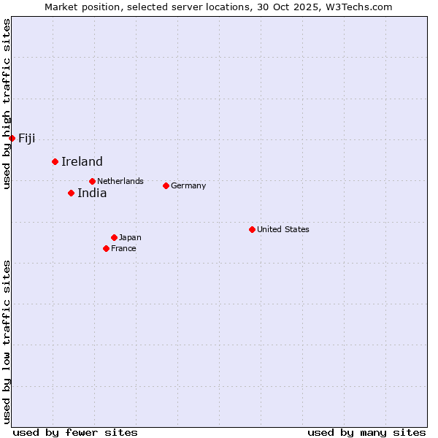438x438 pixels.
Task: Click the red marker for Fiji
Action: click(x=12, y=138)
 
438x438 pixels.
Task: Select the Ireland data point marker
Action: click(x=55, y=161)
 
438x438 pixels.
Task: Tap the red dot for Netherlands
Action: click(x=92, y=181)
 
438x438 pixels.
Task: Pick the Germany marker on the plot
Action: click(x=166, y=185)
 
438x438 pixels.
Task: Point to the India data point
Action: click(x=71, y=193)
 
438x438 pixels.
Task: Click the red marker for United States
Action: click(x=252, y=229)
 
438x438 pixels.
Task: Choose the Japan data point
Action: click(x=114, y=237)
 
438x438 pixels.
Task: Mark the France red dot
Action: click(x=106, y=248)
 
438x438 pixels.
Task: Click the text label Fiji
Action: click(x=27, y=139)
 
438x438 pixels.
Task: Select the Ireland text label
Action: click(x=82, y=162)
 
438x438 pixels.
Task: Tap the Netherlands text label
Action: click(x=120, y=181)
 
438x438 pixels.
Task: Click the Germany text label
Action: click(x=188, y=185)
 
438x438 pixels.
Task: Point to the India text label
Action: click(x=92, y=193)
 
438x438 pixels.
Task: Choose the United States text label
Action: click(x=283, y=229)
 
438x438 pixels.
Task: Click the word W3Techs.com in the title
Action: click(x=358, y=7)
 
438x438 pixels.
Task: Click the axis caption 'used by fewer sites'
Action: click(x=75, y=432)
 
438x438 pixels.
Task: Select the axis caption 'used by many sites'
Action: click(x=366, y=432)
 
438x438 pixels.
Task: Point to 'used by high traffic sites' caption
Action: click(x=7, y=104)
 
